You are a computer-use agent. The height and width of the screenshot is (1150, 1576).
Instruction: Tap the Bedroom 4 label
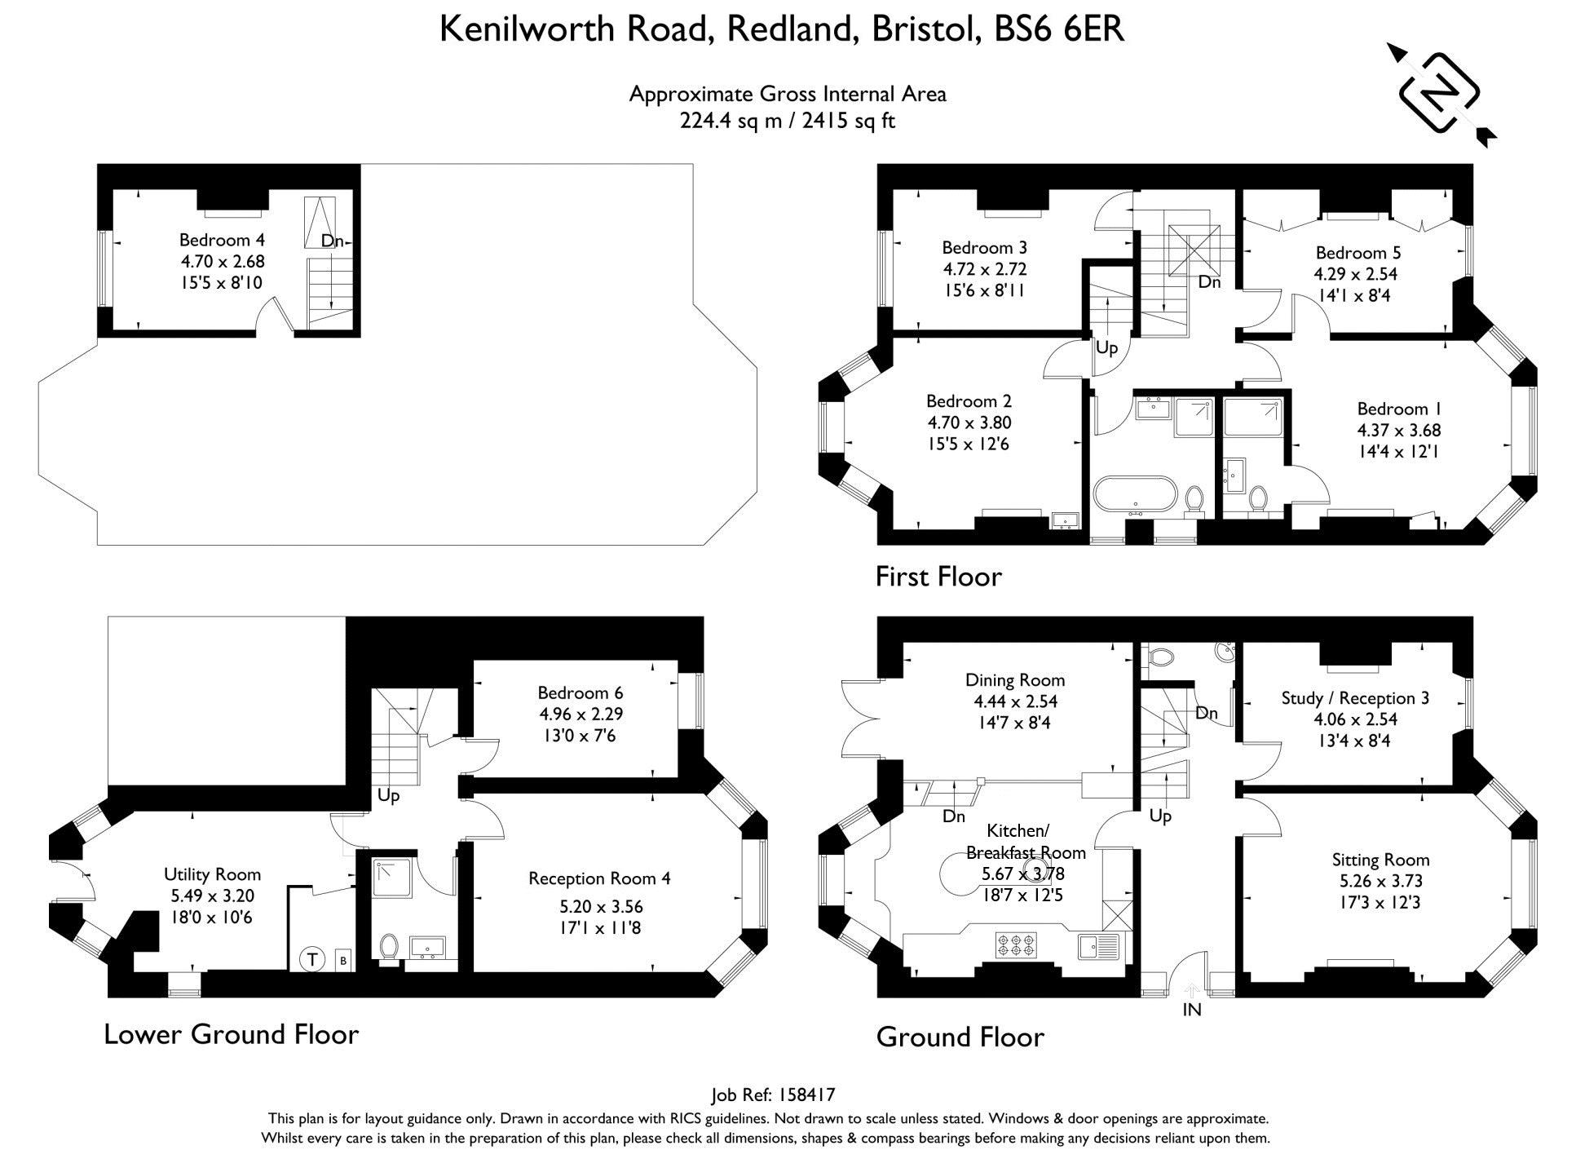pos(222,240)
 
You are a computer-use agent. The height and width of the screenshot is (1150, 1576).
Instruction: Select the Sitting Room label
pos(1380,860)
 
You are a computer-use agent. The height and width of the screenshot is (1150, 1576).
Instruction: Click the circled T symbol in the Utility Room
pos(311,960)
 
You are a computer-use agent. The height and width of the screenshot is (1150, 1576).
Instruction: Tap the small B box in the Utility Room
pos(343,961)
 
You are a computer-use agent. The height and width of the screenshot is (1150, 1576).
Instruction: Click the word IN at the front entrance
pos(1191,1010)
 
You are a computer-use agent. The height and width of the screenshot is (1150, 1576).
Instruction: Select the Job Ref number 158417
pos(807,1095)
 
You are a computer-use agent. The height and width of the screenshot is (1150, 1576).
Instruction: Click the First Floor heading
pos(938,577)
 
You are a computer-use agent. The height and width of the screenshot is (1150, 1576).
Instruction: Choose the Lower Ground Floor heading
pos(232,1034)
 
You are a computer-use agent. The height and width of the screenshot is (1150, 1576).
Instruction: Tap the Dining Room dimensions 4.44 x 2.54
pos(1015,701)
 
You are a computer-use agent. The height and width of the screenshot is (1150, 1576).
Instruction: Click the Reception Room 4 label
pos(599,878)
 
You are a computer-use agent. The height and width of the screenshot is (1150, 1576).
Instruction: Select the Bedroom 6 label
pos(581,692)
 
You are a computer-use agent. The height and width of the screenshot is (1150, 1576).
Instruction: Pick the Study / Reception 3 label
pos(1355,698)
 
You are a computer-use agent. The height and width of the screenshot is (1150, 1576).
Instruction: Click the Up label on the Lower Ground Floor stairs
pos(388,795)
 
